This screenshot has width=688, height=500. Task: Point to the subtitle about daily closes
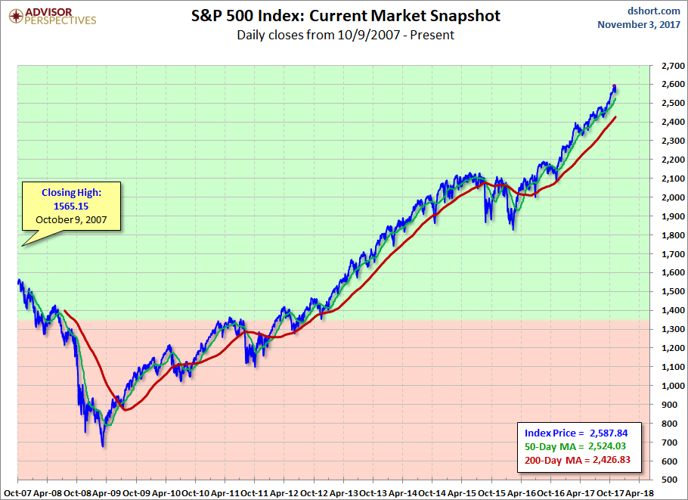point(345,35)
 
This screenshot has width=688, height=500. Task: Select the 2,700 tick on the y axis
point(668,66)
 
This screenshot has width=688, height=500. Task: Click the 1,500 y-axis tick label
point(668,291)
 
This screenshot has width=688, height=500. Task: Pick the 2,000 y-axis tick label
point(668,197)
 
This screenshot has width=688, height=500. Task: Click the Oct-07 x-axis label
point(17,492)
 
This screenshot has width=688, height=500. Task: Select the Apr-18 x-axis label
point(640,492)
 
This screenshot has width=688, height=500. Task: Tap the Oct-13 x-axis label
point(373,492)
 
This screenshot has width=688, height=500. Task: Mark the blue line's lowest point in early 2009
point(103,446)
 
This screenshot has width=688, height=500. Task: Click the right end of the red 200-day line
point(615,117)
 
